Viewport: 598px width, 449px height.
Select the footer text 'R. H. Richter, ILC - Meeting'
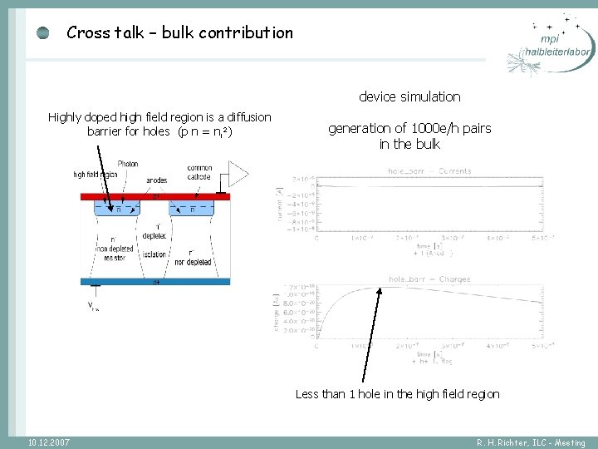pos(531,442)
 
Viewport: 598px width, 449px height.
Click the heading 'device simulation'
pos(409,96)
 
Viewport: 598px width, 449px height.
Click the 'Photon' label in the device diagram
pos(128,164)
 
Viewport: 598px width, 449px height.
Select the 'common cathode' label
pos(199,172)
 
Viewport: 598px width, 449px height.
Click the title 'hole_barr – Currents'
pos(429,171)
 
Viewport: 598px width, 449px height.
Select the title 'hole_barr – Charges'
pos(429,279)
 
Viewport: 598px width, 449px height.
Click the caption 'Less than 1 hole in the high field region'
pos(397,393)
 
